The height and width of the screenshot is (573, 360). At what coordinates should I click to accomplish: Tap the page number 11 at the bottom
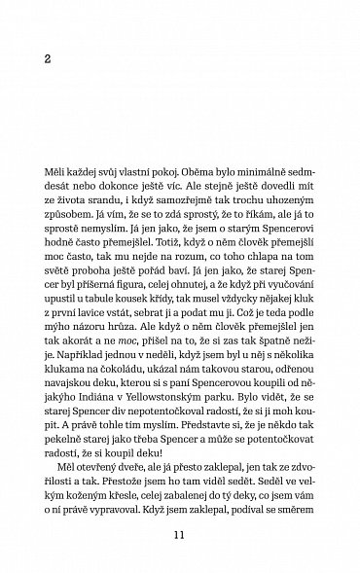[178, 533]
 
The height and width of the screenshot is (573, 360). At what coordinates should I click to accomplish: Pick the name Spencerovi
[272, 219]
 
